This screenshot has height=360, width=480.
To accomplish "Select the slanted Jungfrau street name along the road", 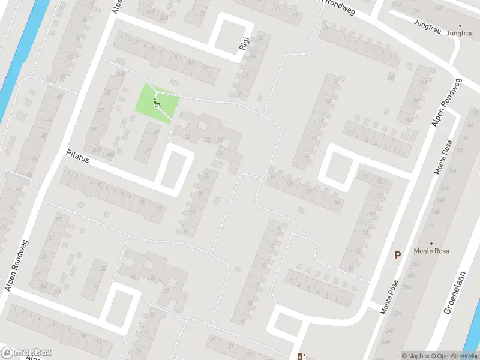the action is (x=427, y=23).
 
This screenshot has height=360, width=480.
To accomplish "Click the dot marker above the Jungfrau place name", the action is (x=460, y=26).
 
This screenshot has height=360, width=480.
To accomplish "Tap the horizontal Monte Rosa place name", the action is (x=431, y=251).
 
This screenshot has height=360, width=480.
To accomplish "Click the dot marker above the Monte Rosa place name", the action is (x=431, y=243).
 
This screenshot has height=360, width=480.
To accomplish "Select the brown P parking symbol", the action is (x=397, y=255).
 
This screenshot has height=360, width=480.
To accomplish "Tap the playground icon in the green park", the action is (x=157, y=103).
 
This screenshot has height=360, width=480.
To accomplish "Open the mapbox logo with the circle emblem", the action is (x=26, y=352).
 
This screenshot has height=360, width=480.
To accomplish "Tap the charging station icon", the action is (x=301, y=356).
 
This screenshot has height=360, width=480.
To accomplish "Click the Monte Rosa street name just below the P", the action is (x=389, y=298).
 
